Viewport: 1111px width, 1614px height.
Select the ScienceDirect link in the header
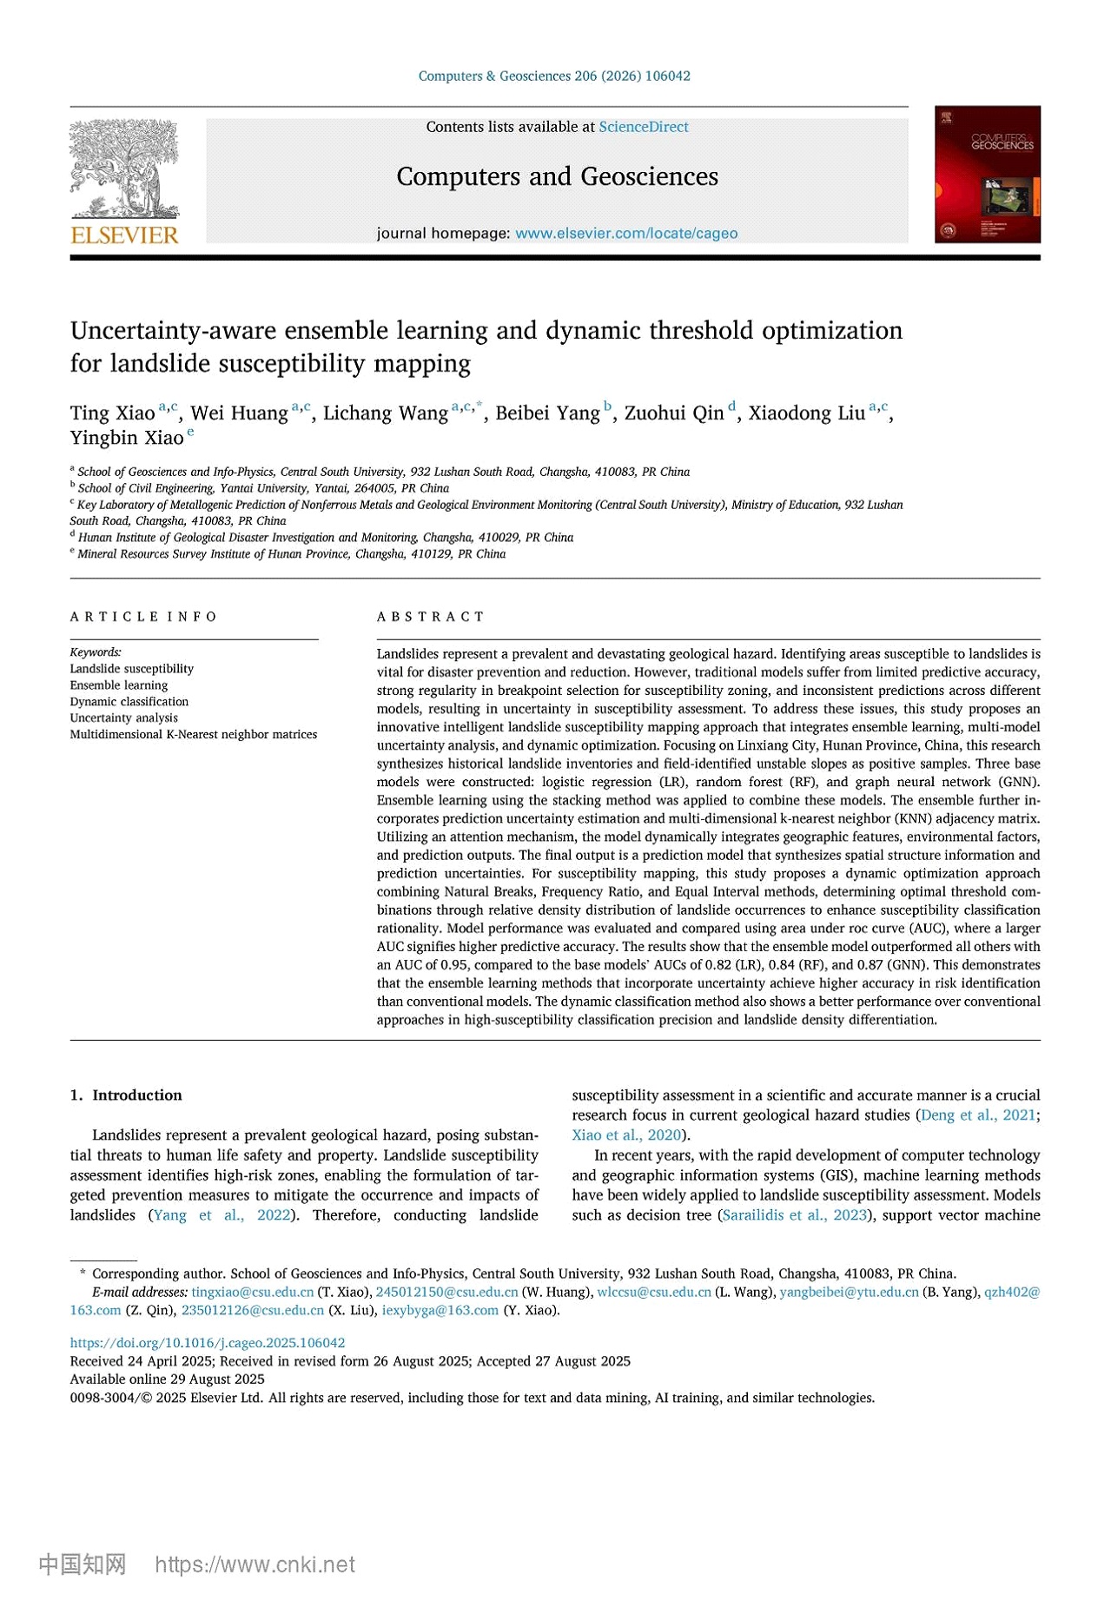tap(643, 127)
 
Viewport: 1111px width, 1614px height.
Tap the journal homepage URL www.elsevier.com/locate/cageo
tap(626, 234)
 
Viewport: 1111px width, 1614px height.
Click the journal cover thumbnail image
tap(987, 175)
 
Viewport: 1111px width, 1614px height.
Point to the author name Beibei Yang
tap(547, 413)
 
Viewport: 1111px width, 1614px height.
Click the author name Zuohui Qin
tap(673, 413)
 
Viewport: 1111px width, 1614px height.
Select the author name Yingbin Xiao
tap(127, 438)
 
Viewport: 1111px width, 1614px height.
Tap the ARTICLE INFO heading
tap(143, 617)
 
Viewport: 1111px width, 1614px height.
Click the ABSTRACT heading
tap(430, 617)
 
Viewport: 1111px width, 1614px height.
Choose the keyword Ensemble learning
tap(119, 685)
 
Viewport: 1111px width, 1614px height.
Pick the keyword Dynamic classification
tap(129, 702)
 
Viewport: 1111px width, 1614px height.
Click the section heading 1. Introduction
tap(126, 1095)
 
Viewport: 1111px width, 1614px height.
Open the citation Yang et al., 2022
tap(222, 1215)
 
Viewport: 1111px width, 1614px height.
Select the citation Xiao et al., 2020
tap(626, 1135)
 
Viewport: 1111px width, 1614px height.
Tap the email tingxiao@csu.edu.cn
tap(253, 1293)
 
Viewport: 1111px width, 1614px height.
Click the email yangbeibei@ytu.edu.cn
tap(849, 1293)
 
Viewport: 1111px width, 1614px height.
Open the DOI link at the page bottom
tap(208, 1343)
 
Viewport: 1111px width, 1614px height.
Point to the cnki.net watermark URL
tap(255, 1564)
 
